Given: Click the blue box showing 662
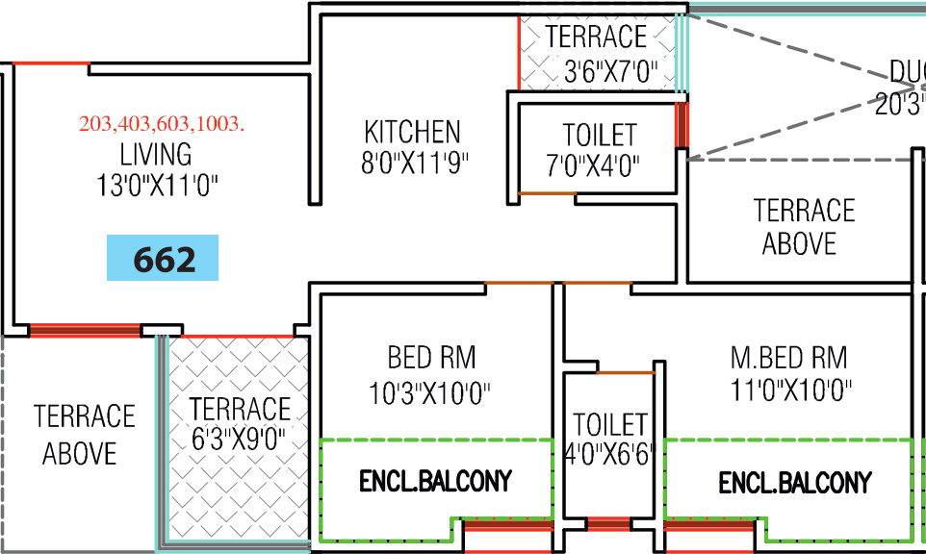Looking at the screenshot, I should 163,259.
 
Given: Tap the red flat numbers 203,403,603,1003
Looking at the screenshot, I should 162,124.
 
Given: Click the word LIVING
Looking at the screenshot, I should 156,154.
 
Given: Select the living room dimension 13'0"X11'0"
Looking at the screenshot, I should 157,185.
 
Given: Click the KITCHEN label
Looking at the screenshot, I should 412,132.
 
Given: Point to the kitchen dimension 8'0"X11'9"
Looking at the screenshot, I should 414,163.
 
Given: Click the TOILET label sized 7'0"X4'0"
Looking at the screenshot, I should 599,135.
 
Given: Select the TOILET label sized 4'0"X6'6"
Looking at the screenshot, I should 609,424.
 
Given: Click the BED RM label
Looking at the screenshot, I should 431,359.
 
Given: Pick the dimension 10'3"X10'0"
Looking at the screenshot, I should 430,392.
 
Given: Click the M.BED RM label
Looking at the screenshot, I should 788,359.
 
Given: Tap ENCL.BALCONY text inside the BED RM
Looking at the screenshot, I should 435,481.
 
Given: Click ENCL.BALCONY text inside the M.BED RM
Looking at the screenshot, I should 795,483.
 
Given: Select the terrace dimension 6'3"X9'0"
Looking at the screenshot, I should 238,441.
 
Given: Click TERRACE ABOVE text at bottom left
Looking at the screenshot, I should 84,435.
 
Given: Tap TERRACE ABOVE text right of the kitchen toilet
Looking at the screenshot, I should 803,226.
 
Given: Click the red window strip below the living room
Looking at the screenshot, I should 85,330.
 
